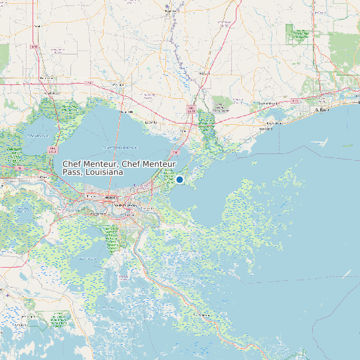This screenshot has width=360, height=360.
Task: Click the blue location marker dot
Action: [179, 179]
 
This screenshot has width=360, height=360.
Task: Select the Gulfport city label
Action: [322, 110]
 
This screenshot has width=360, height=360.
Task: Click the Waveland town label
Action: [266, 129]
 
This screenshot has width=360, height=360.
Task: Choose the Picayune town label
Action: [204, 72]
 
